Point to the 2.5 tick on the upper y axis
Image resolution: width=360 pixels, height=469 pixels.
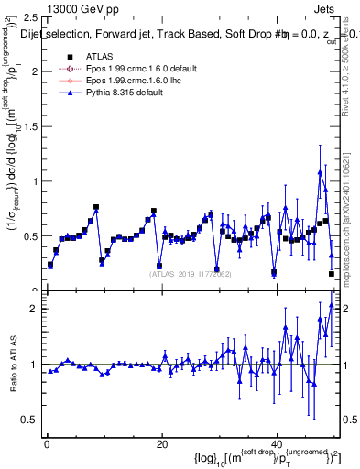coord(33,17)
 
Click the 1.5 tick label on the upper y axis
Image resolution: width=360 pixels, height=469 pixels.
coord(33,126)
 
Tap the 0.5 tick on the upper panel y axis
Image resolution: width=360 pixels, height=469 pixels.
coord(33,236)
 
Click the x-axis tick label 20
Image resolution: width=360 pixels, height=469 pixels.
coord(161,443)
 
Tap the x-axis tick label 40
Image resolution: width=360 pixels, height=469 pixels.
coord(277,443)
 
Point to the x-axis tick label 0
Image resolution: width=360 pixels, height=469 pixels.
coord(46,443)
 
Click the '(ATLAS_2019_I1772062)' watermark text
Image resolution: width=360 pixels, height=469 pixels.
coord(190,274)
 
